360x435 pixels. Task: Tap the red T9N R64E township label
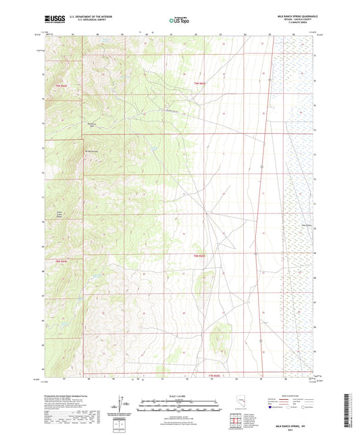(61, 86)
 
